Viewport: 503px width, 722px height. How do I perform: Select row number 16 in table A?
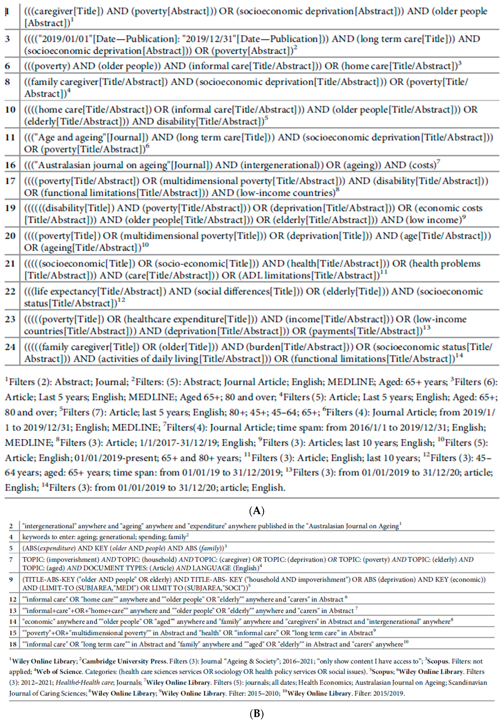[x=10, y=165]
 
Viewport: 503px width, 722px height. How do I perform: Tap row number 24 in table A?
[x=10, y=347]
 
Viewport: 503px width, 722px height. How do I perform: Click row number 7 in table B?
[x=11, y=559]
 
